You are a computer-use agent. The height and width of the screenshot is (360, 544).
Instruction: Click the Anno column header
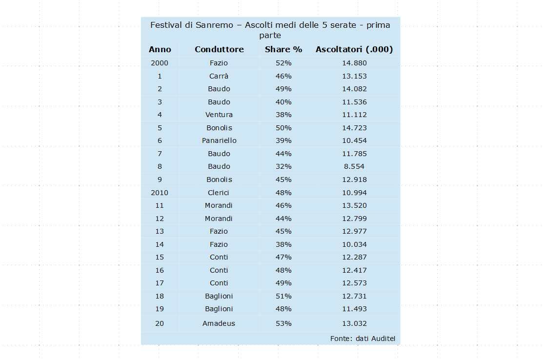[160, 49]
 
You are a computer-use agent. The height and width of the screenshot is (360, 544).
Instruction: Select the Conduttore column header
[219, 49]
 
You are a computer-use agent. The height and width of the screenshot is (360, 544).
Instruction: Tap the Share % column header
[283, 49]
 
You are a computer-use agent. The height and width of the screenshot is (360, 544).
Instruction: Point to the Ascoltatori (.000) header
[354, 49]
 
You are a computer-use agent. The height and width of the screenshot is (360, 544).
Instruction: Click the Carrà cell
[219, 76]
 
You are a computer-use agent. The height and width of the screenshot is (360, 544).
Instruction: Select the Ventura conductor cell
[219, 115]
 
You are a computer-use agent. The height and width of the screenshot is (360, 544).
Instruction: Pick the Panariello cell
[219, 140]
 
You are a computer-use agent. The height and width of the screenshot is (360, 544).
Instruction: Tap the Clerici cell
[219, 193]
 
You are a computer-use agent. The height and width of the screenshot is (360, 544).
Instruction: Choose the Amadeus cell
[219, 323]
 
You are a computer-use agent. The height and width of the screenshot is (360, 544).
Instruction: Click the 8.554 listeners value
[354, 166]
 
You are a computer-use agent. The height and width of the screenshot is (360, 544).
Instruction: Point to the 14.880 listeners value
[354, 63]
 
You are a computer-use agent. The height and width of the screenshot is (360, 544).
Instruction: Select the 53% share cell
[283, 323]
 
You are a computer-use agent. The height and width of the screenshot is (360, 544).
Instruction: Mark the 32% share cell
[283, 166]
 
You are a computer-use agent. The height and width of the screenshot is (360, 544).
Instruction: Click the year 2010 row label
[160, 193]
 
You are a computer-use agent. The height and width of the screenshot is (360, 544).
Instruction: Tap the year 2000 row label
[160, 63]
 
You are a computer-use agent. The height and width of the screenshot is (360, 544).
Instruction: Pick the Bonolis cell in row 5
[219, 128]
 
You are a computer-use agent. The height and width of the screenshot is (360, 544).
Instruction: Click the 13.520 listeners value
[354, 205]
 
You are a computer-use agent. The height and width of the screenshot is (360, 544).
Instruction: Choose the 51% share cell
[283, 296]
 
